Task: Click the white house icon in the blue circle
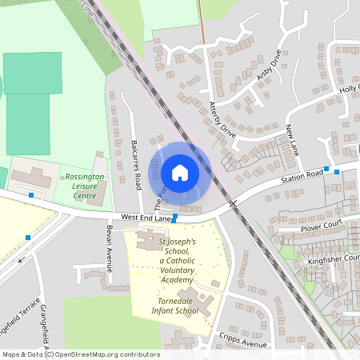180,172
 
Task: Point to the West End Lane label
146,217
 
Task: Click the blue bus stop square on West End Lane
174,218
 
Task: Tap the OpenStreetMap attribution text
80,354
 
